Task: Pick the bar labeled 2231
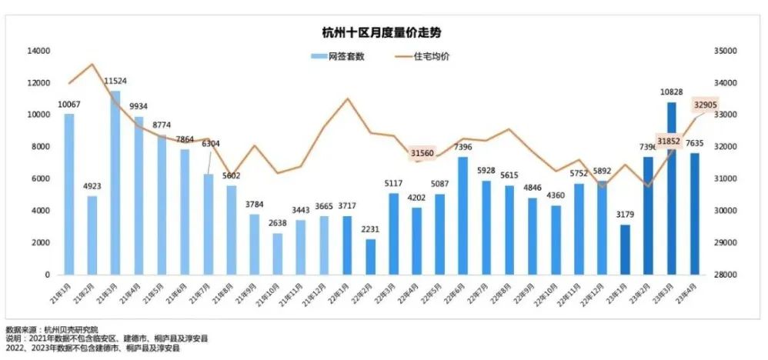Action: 370,257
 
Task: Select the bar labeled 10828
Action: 671,188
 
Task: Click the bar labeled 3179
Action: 625,249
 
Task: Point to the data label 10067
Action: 68,105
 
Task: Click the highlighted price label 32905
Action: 706,105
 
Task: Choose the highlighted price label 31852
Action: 668,140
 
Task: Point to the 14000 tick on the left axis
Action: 38,51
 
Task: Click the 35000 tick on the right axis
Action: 727,51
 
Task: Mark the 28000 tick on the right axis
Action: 727,275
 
